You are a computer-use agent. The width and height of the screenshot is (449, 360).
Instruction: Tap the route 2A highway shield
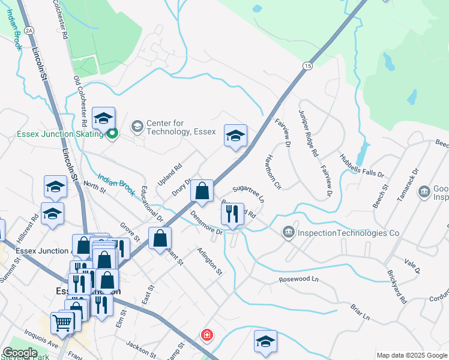tap(29, 31)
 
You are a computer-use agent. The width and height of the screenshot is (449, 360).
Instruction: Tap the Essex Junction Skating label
tap(52, 134)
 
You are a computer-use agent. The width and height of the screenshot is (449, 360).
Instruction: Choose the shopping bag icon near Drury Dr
tap(203, 191)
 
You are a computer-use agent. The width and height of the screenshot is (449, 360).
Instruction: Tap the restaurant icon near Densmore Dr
tap(232, 213)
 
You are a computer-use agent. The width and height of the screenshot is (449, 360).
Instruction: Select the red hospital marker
tap(206, 334)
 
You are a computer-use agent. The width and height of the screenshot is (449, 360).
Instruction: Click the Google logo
tap(20, 353)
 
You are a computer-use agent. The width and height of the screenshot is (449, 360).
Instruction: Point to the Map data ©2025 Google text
tap(412, 355)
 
